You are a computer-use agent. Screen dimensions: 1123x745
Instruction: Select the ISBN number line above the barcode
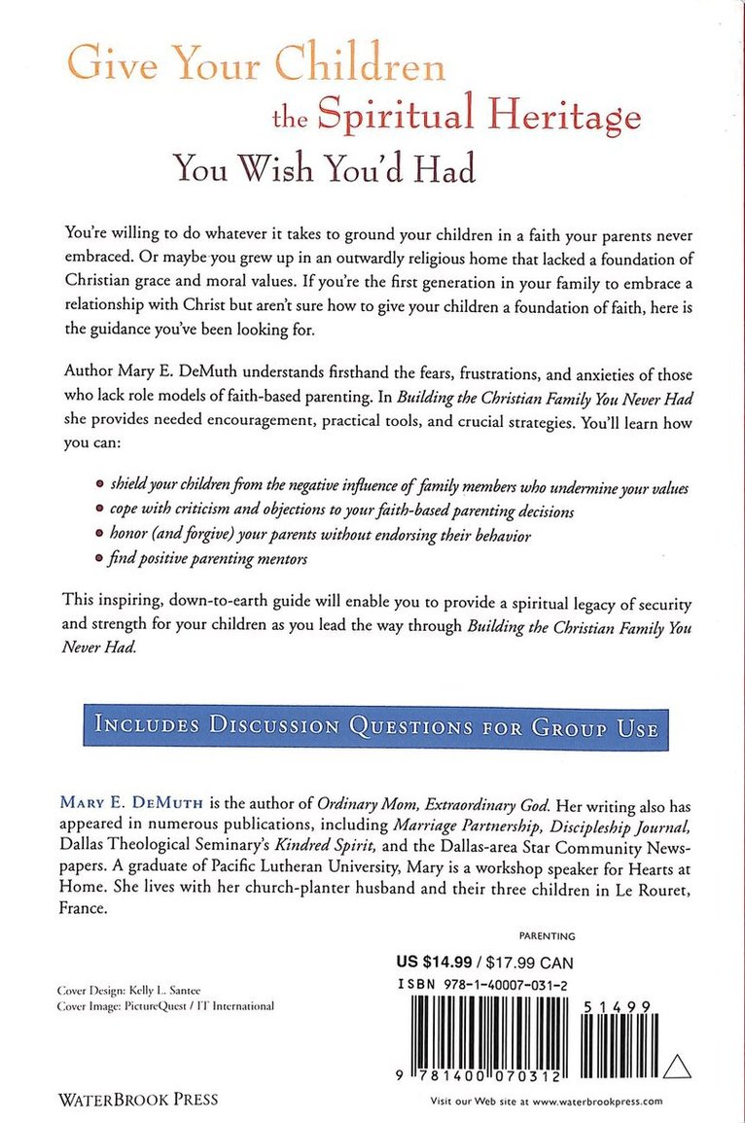(492, 984)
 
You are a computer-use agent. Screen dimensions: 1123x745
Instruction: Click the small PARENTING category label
(548, 936)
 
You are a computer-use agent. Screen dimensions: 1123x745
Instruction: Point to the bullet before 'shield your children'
(99, 489)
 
